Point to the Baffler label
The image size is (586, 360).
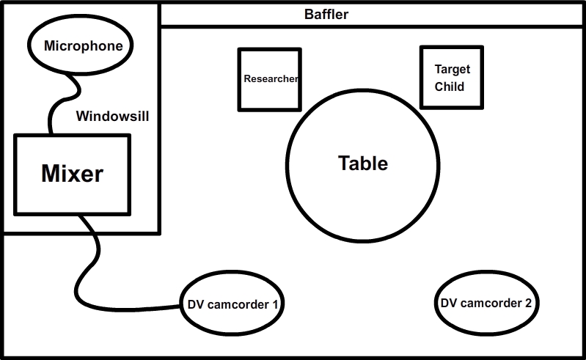tap(326, 15)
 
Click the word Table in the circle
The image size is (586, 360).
tap(363, 163)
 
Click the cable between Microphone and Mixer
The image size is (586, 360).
tap(62, 98)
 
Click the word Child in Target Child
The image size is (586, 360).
tap(450, 87)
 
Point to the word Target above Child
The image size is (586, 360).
tap(453, 70)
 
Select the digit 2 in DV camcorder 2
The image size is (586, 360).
tap(527, 302)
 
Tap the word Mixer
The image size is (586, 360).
tap(72, 174)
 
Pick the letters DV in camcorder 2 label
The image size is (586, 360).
tap(449, 302)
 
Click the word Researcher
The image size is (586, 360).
tap(270, 78)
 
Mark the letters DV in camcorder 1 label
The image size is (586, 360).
tap(194, 303)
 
